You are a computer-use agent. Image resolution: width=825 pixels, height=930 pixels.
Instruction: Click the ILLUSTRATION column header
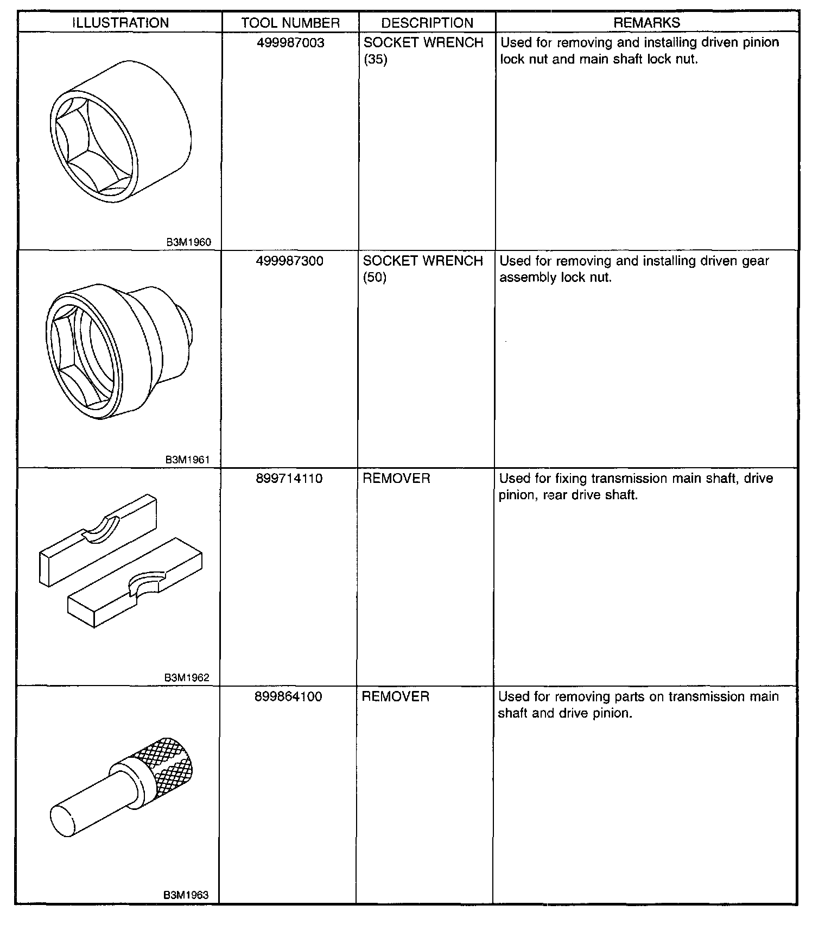pyautogui.click(x=120, y=23)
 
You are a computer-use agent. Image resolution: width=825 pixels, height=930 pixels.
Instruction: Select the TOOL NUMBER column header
pyautogui.click(x=290, y=23)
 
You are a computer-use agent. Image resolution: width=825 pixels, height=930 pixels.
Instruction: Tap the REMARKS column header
pyautogui.click(x=646, y=23)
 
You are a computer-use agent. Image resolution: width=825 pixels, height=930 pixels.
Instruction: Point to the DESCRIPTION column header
pyautogui.click(x=427, y=23)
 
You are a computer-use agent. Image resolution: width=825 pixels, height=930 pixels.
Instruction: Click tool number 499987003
pyautogui.click(x=290, y=43)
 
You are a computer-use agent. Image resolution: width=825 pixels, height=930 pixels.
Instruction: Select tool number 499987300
pyautogui.click(x=289, y=261)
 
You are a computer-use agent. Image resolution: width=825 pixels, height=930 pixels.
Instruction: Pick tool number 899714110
pyautogui.click(x=289, y=479)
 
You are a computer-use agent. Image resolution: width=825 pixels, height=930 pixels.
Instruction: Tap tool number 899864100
pyautogui.click(x=288, y=696)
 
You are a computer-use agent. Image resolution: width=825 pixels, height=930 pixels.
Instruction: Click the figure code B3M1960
pyautogui.click(x=188, y=242)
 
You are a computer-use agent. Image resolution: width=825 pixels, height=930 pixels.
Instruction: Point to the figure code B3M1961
pyautogui.click(x=187, y=460)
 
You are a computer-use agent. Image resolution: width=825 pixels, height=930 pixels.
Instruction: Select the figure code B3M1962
pyautogui.click(x=187, y=677)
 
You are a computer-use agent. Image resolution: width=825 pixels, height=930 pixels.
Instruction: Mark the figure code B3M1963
pyautogui.click(x=186, y=895)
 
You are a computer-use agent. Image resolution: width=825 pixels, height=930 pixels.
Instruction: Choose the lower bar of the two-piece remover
pyautogui.click(x=136, y=584)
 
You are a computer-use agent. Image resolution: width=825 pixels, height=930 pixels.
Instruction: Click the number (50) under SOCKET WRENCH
pyautogui.click(x=375, y=278)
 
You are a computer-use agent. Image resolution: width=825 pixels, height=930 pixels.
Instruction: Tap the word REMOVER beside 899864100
pyautogui.click(x=395, y=696)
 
